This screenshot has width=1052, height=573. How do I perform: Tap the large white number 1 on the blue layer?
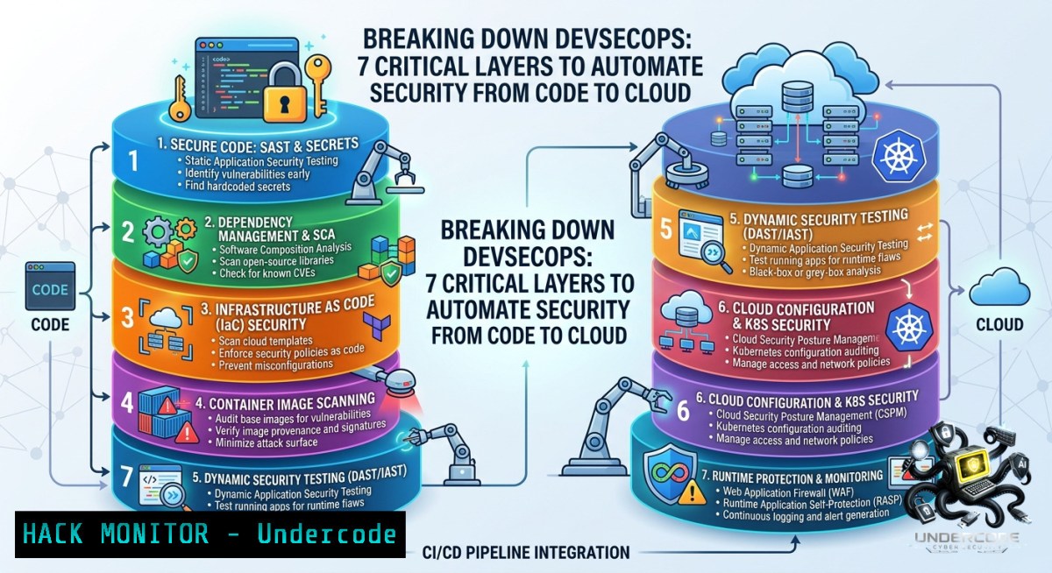pyautogui.click(x=133, y=161)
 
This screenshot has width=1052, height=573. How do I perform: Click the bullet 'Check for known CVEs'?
pyautogui.click(x=267, y=272)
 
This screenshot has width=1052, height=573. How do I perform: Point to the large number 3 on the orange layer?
pyautogui.click(x=127, y=316)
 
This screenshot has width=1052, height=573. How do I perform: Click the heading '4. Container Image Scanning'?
pyautogui.click(x=286, y=402)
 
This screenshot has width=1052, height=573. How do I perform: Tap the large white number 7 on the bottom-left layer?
pyautogui.click(x=126, y=477)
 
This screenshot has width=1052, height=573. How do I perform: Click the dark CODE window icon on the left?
pyautogui.click(x=50, y=286)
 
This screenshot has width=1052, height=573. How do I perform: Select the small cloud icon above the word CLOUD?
pyautogui.click(x=999, y=287)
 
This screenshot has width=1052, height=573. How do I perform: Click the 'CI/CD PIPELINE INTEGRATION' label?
pyautogui.click(x=526, y=552)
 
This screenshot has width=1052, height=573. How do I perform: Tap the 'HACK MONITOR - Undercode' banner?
pyautogui.click(x=210, y=534)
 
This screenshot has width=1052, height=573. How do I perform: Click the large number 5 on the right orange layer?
pyautogui.click(x=666, y=229)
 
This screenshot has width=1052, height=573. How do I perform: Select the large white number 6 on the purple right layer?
pyautogui.click(x=683, y=411)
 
